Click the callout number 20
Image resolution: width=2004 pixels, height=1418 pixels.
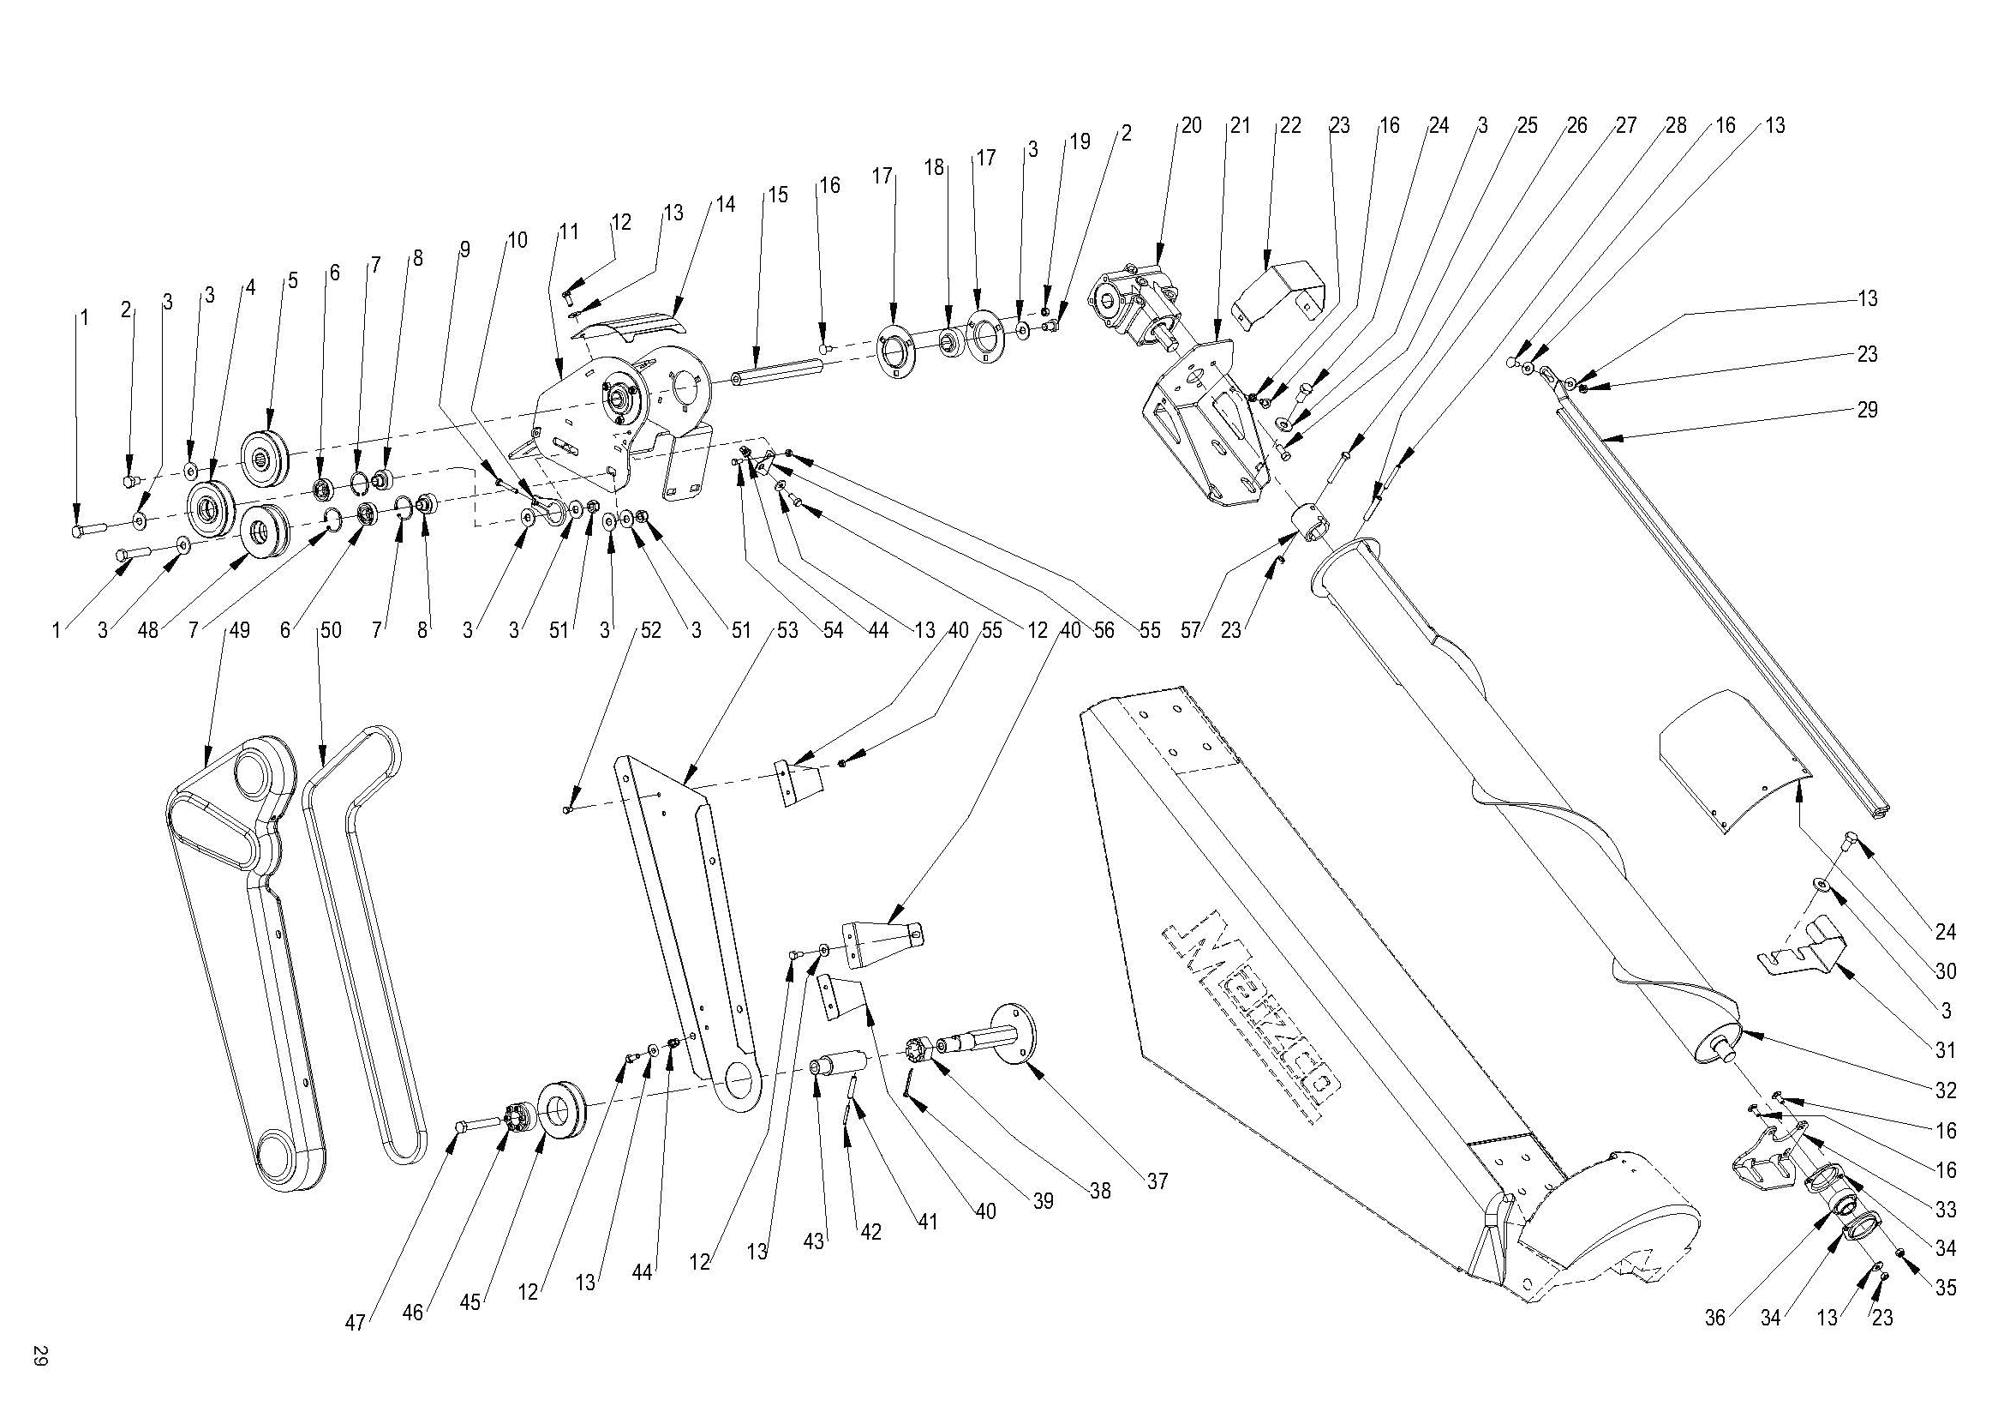click(x=1191, y=126)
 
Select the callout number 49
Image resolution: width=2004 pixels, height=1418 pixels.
click(x=237, y=630)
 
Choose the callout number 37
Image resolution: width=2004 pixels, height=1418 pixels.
click(x=1157, y=1182)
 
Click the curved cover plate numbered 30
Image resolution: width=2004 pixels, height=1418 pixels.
click(x=1732, y=760)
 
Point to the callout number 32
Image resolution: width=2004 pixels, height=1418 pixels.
click(x=1946, y=1091)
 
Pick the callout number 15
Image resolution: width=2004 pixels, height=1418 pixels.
click(x=777, y=194)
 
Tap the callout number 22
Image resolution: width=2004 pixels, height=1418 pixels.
click(x=1289, y=126)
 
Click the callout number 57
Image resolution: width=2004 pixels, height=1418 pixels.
click(x=1191, y=630)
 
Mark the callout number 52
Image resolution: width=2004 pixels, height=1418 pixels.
click(x=650, y=630)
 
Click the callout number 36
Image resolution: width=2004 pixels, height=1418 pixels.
click(x=1715, y=1318)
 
